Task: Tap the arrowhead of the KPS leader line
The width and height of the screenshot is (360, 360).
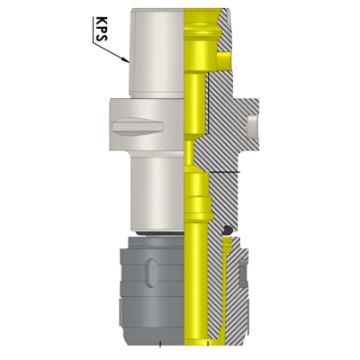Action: pos(128,60)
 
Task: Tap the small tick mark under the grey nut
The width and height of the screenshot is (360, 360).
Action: pos(159,345)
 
